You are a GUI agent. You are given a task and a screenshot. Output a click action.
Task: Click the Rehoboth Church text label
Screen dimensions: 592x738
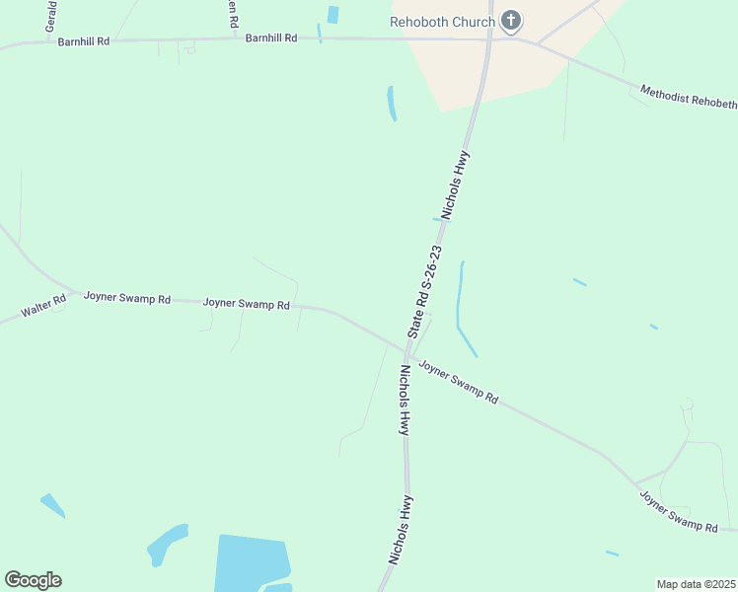442,21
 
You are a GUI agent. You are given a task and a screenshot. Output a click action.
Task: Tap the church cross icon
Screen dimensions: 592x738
511,20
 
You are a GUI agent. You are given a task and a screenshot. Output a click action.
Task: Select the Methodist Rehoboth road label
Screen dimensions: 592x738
688,97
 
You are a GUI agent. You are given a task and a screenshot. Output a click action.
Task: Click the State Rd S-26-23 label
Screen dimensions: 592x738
423,294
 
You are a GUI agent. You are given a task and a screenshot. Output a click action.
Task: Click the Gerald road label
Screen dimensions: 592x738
50,17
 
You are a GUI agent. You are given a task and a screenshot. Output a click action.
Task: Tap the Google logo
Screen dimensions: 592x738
33,580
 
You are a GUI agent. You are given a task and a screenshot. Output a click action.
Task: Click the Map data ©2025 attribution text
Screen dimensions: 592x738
696,584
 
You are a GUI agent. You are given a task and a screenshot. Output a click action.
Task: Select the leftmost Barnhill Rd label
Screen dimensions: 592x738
84,43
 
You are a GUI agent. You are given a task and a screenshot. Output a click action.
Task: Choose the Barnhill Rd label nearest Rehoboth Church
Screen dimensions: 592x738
271,37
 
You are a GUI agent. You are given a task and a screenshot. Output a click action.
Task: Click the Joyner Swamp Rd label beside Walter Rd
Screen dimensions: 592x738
127,297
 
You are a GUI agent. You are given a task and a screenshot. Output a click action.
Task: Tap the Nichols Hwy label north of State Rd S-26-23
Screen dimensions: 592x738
456,184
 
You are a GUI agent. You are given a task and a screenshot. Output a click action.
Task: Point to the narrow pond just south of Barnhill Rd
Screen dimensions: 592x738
392,103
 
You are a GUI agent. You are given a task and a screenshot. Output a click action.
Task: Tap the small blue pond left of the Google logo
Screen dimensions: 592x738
52,505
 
